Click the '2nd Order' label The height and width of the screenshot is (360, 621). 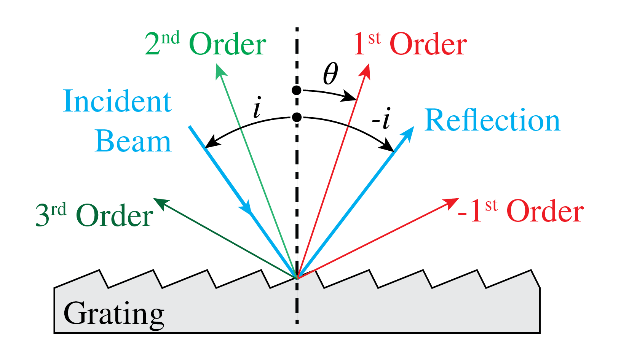[x=205, y=44]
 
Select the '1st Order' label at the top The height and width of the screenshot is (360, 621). [x=410, y=44]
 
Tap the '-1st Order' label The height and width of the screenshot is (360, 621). [x=520, y=211]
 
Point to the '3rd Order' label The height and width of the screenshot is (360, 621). [x=94, y=215]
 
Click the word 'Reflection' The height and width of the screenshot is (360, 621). [x=492, y=120]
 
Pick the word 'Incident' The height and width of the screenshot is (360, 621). [x=117, y=101]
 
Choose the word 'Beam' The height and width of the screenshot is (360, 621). [x=133, y=141]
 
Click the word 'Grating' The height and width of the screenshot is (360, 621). [x=114, y=314]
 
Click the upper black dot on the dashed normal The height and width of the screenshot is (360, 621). [x=297, y=90]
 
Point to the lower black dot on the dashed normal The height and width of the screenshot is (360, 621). [x=297, y=117]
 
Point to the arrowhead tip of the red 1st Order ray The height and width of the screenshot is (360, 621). [x=368, y=65]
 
